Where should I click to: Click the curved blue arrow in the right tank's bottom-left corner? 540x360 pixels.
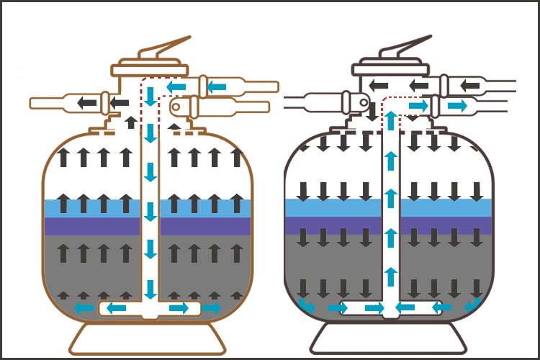coord(307,306)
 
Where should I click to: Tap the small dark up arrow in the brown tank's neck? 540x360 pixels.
coord(130,122)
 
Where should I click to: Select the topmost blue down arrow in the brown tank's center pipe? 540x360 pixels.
coord(150,95)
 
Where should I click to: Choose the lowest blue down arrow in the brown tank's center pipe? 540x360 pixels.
coord(150,288)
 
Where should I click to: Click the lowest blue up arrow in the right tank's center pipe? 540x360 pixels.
coord(390,276)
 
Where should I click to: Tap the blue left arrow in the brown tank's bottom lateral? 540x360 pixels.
coord(117,308)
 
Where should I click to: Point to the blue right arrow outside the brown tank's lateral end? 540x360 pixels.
coord(211,307)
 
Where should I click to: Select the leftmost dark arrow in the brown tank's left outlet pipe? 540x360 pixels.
coord(87,102)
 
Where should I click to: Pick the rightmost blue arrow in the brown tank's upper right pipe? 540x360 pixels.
coord(217,86)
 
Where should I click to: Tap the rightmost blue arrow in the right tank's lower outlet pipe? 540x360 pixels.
coord(456,106)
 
